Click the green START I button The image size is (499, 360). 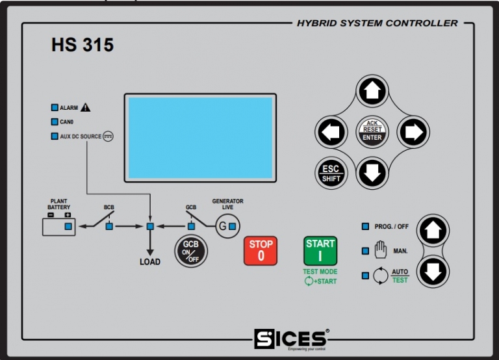(x=320, y=251)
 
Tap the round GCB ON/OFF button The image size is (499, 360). (x=190, y=251)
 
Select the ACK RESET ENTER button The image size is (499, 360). (x=372, y=132)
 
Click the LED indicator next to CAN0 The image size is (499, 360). (x=55, y=122)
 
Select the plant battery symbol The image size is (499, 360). (x=58, y=225)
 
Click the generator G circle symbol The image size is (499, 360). (x=224, y=226)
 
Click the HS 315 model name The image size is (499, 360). (x=82, y=45)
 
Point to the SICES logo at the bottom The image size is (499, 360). (x=290, y=339)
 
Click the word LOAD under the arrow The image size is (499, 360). (x=150, y=262)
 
